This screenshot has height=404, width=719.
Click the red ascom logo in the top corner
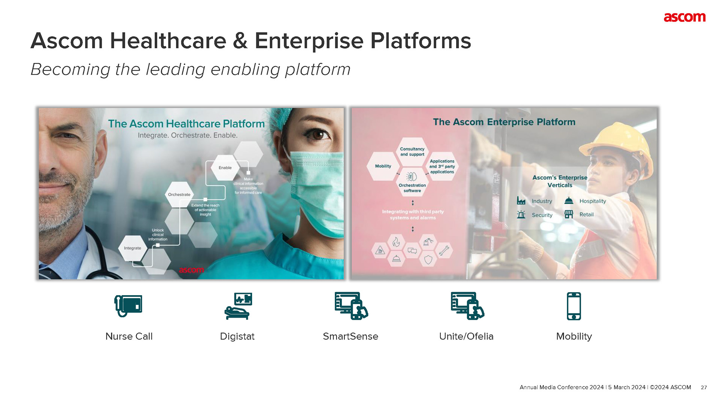coord(684,18)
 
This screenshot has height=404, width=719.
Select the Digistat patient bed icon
coord(238,306)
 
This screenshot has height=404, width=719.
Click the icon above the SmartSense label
coord(351,306)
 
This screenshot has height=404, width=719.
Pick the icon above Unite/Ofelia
coord(467,306)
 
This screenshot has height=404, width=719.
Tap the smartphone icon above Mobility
coord(574,306)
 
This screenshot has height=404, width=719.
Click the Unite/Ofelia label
coord(466,336)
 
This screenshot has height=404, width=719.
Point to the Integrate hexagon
coord(133,248)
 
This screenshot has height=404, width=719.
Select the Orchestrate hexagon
coord(179,195)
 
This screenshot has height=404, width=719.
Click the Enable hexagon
coord(225,168)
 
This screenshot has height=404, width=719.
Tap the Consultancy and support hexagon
coord(412,151)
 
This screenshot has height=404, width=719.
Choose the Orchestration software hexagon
coord(412,183)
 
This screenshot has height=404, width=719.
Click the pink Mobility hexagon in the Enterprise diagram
coord(383,166)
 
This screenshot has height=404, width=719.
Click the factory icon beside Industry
coord(521,201)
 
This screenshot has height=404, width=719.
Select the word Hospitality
coord(592,201)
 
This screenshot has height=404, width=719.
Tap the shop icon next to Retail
coord(569,214)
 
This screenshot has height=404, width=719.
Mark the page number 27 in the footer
coord(704,388)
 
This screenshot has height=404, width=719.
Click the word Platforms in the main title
coord(421,41)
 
